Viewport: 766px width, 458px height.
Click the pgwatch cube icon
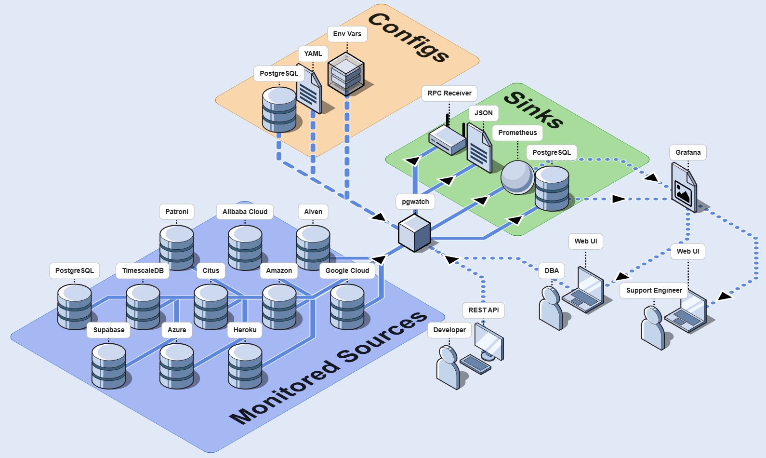point(414,233)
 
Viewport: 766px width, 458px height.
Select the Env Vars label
point(347,34)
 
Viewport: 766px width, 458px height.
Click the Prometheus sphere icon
point(517,177)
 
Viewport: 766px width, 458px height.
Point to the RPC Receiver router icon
point(448,139)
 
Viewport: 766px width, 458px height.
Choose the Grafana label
point(687,152)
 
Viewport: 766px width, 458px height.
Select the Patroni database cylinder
point(177,246)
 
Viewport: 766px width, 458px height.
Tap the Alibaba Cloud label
point(245,212)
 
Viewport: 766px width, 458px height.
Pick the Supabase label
point(109,330)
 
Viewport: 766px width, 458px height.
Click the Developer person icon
point(449,367)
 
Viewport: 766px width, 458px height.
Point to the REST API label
point(483,310)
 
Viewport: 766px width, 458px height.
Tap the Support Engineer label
point(654,290)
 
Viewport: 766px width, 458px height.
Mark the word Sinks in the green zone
point(533,109)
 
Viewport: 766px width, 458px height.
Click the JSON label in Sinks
point(483,113)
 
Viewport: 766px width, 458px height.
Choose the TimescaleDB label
point(143,270)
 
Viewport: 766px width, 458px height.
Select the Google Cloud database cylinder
point(347,306)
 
